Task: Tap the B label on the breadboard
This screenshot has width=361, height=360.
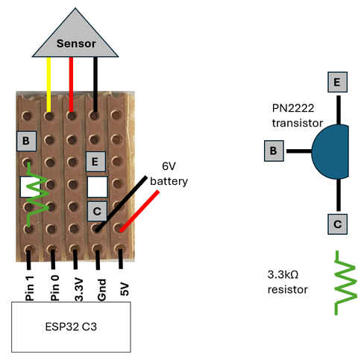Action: pos(26,141)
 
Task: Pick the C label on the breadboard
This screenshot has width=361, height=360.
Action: pos(95,211)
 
